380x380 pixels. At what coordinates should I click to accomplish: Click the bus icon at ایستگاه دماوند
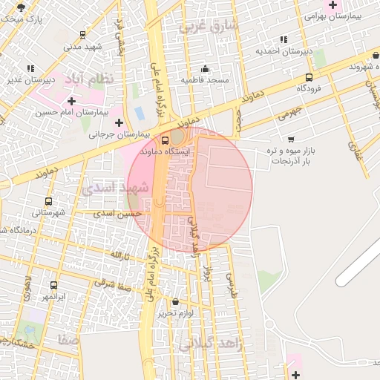coord(164,139)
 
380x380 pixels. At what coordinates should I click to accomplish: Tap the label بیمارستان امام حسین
coord(71,113)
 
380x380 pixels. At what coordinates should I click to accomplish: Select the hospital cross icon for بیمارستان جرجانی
coord(119,122)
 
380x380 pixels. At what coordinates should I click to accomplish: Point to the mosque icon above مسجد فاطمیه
coord(205,68)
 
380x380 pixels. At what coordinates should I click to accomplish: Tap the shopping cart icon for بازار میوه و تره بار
coord(290,138)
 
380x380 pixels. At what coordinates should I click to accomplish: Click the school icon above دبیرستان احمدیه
coord(283,39)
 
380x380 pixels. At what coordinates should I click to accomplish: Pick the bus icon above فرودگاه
coord(308,76)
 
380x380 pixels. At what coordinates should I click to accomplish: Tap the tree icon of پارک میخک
coord(22,8)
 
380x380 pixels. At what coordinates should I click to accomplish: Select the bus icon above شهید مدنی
coord(82,34)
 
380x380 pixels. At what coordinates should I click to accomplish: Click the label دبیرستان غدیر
coord(30,79)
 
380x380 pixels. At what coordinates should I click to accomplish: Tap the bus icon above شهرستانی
coord(48,201)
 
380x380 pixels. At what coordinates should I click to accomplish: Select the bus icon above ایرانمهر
coord(53,285)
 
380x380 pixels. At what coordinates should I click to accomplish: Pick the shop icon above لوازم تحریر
coord(175,302)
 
